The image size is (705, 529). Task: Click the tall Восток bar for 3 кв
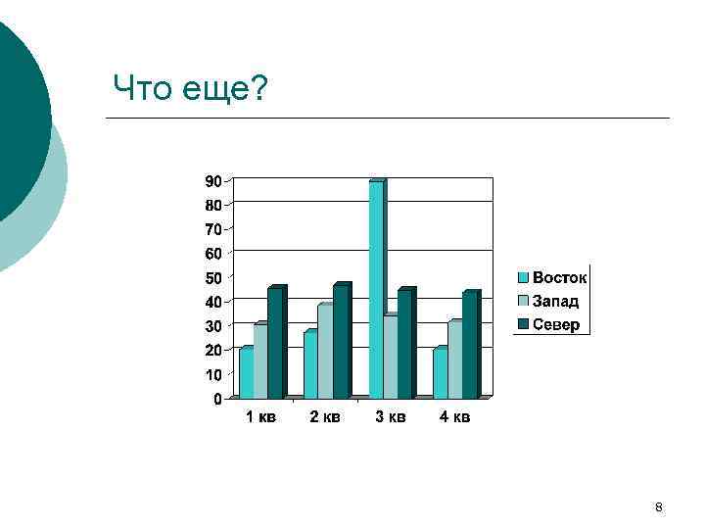376,289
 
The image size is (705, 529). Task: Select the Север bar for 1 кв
275,342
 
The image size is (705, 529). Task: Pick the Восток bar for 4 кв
440,373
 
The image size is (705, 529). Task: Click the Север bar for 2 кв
340,341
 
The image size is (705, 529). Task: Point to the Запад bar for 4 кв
454,360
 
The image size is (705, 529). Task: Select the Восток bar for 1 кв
246,373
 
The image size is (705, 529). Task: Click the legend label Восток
560,278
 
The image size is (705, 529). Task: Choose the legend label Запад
556,302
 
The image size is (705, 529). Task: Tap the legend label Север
556,324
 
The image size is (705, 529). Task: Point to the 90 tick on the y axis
211,181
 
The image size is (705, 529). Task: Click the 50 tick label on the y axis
211,278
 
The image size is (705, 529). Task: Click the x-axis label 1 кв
260,418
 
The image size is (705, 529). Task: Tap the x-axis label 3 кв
390,418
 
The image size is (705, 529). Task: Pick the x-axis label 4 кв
454,418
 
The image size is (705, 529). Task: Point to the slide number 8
658,507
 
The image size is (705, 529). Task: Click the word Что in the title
139,88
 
